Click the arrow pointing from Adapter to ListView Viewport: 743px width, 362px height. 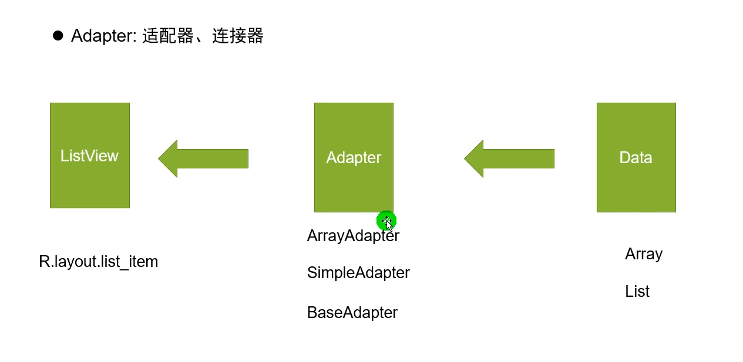pyautogui.click(x=204, y=158)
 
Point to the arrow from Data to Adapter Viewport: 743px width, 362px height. pyautogui.click(x=510, y=158)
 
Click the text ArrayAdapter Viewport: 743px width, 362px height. pyautogui.click(x=352, y=236)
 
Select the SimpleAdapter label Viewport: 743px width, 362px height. pyautogui.click(x=358, y=273)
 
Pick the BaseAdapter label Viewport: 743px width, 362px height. pyautogui.click(x=352, y=313)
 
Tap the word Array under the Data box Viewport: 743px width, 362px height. pyautogui.click(x=644, y=254)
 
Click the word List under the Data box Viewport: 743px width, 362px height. pyautogui.click(x=637, y=292)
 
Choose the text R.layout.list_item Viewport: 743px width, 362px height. pyautogui.click(x=99, y=262)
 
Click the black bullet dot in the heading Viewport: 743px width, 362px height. pyautogui.click(x=58, y=36)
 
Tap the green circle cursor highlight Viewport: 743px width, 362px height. pyautogui.click(x=386, y=221)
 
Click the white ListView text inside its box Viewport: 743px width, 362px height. pyautogui.click(x=89, y=155)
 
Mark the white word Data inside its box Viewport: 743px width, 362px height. pyautogui.click(x=636, y=158)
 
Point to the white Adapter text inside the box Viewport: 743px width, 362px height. pyautogui.click(x=354, y=158)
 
